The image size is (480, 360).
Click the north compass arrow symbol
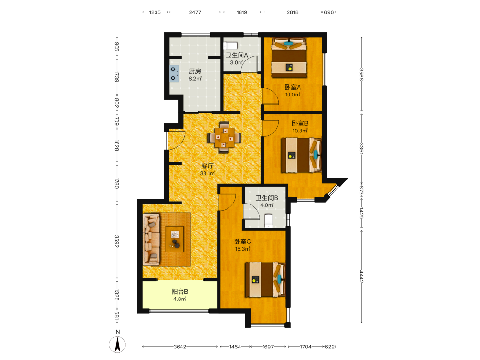pyautogui.click(x=117, y=344)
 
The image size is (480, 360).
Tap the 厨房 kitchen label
pyautogui.click(x=195, y=72)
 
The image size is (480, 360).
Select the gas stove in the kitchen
pyautogui.click(x=174, y=73)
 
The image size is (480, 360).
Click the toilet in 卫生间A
pyautogui.click(x=230, y=46)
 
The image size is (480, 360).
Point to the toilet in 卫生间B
pyautogui.click(x=268, y=221)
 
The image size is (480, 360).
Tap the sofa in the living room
pyautogui.click(x=151, y=240)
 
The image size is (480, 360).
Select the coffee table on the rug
pyautogui.click(x=175, y=239)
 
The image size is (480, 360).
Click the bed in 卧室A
pyautogui.click(x=288, y=58)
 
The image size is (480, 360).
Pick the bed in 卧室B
pyautogui.click(x=301, y=155)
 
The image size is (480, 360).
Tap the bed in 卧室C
pyautogui.click(x=265, y=279)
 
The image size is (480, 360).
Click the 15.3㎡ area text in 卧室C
pyautogui.click(x=242, y=249)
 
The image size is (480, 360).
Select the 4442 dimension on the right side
pyautogui.click(x=361, y=276)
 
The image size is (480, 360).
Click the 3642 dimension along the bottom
pyautogui.click(x=180, y=347)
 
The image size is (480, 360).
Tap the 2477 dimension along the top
pyautogui.click(x=195, y=12)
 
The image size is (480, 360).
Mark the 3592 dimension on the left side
pyautogui.click(x=116, y=241)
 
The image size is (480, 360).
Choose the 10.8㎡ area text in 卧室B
pyautogui.click(x=300, y=131)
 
